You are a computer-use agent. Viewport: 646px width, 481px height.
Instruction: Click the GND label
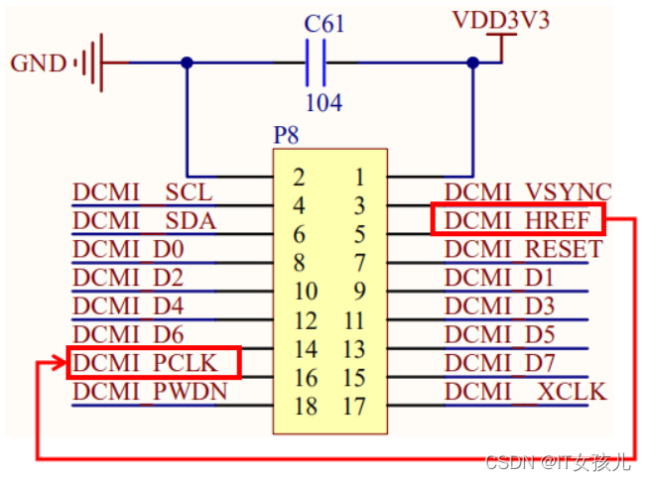(x=38, y=63)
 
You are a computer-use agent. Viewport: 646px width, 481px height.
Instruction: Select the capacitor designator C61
(x=323, y=23)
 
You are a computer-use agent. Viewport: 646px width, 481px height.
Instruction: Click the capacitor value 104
(x=323, y=102)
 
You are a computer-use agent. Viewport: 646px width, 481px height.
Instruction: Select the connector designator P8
(x=287, y=134)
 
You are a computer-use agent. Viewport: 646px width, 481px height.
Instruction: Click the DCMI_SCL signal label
(x=142, y=191)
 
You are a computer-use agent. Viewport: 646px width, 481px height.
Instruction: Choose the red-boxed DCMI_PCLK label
(x=153, y=363)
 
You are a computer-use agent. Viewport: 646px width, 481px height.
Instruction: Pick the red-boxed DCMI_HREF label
(x=517, y=219)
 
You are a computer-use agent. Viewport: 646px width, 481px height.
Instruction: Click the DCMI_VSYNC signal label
(x=527, y=191)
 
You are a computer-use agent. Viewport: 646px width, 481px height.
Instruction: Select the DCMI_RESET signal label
(x=523, y=248)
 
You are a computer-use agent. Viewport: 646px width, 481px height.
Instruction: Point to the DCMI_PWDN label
(x=150, y=392)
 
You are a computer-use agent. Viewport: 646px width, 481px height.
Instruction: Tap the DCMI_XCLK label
(x=525, y=392)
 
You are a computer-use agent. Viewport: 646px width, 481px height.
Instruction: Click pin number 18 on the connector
(x=305, y=407)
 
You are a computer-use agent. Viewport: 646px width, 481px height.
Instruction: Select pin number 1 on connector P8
(x=359, y=178)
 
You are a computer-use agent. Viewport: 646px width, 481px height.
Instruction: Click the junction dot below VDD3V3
(x=472, y=62)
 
